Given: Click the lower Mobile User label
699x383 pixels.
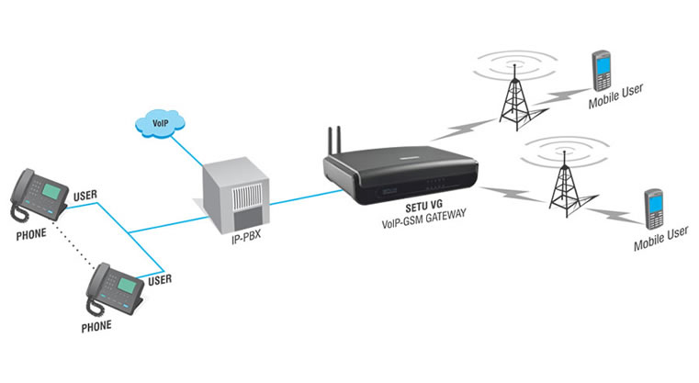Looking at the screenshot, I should click(660, 241).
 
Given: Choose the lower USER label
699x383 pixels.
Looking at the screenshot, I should click(160, 278).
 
